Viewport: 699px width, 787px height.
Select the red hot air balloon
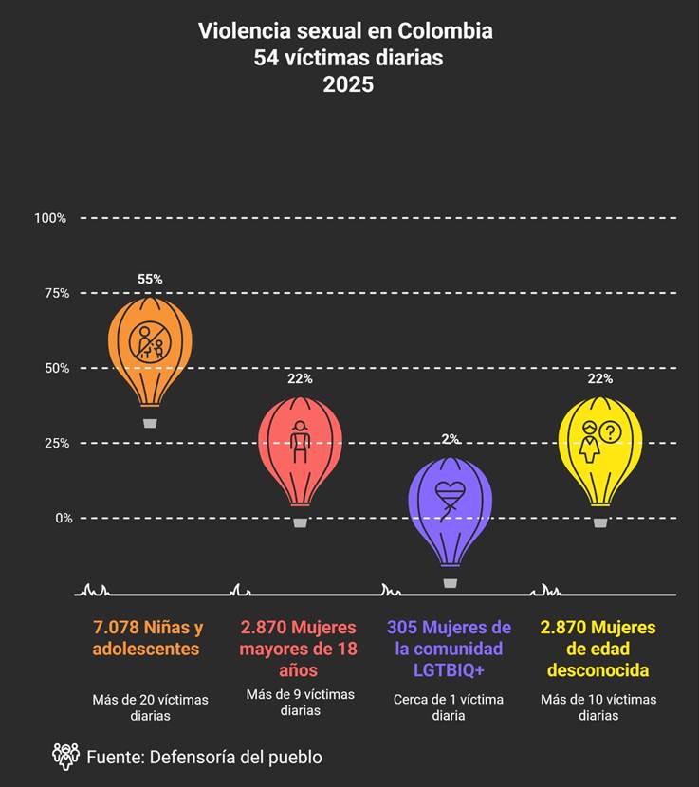click(x=300, y=449)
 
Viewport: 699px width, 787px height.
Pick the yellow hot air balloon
click(x=599, y=449)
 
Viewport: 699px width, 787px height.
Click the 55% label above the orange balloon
click(x=150, y=280)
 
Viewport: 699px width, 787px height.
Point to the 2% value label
click(x=451, y=439)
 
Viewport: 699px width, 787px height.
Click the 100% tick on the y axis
click(x=50, y=218)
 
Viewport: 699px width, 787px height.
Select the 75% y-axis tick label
click(x=54, y=293)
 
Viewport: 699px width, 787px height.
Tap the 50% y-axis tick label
click(x=54, y=368)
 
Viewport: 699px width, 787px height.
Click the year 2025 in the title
click(x=348, y=84)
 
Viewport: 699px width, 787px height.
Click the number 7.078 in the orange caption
click(x=116, y=628)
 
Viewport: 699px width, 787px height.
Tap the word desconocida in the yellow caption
click(x=598, y=670)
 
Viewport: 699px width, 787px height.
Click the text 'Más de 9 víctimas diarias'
click(x=300, y=703)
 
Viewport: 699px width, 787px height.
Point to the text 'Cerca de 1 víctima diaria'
click(x=449, y=707)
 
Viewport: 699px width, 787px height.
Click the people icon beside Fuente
click(x=65, y=756)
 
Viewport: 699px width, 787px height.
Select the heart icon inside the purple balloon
click(x=451, y=493)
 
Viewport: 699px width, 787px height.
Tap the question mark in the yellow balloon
click(x=610, y=432)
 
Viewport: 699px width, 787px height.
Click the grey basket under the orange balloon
click(x=150, y=423)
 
